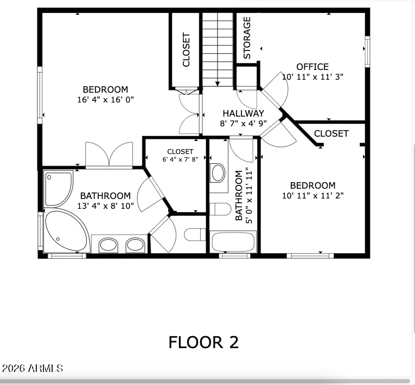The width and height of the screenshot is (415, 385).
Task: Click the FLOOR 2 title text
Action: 203,342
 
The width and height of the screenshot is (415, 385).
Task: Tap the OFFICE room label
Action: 312,67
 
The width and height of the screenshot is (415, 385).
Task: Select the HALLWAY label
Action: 243,113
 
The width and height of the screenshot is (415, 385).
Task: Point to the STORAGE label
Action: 247,37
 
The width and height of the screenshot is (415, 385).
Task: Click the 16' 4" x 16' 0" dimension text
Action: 105,100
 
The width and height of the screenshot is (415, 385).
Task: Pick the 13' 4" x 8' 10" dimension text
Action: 105,206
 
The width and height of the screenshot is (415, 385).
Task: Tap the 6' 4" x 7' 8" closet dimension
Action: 180,159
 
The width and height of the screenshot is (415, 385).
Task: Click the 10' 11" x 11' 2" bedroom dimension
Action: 312,196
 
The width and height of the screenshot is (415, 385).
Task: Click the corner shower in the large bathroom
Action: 58,188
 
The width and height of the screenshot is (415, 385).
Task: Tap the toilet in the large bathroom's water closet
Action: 195,234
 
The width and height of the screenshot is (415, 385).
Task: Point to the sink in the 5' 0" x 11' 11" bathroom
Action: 218,173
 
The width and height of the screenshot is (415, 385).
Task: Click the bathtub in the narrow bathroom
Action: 233,241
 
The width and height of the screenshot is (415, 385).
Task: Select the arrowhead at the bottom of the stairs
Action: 218,84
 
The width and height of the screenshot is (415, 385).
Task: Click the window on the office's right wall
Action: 367,52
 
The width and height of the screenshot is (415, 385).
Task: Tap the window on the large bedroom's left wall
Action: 40,95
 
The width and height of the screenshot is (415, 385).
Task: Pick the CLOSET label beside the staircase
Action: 186,50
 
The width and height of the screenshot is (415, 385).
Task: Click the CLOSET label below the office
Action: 331,133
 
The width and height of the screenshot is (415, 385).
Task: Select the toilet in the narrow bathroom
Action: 220,209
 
